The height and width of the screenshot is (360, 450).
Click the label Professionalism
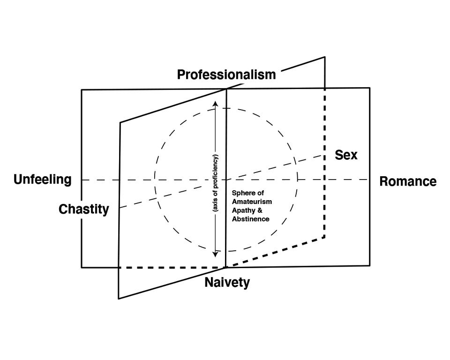[x=226, y=74]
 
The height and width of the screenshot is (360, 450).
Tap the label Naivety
[x=227, y=283]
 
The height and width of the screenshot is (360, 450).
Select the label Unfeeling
[x=43, y=180]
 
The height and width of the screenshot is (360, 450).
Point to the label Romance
[x=408, y=181]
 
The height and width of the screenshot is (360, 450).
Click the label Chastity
[x=83, y=209]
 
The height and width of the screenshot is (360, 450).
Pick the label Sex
[x=346, y=155]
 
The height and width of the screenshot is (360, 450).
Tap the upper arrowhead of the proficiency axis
[x=215, y=104]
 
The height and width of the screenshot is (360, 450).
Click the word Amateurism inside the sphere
[x=252, y=201]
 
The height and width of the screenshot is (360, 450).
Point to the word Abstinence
[x=251, y=219]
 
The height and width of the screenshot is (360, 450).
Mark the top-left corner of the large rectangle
[x=82, y=90]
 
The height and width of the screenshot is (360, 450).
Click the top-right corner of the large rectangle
[x=369, y=88]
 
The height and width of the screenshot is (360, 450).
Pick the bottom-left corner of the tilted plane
[x=119, y=298]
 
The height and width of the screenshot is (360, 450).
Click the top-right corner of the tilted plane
[x=324, y=57]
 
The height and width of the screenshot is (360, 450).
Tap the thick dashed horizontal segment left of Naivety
[x=172, y=267]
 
